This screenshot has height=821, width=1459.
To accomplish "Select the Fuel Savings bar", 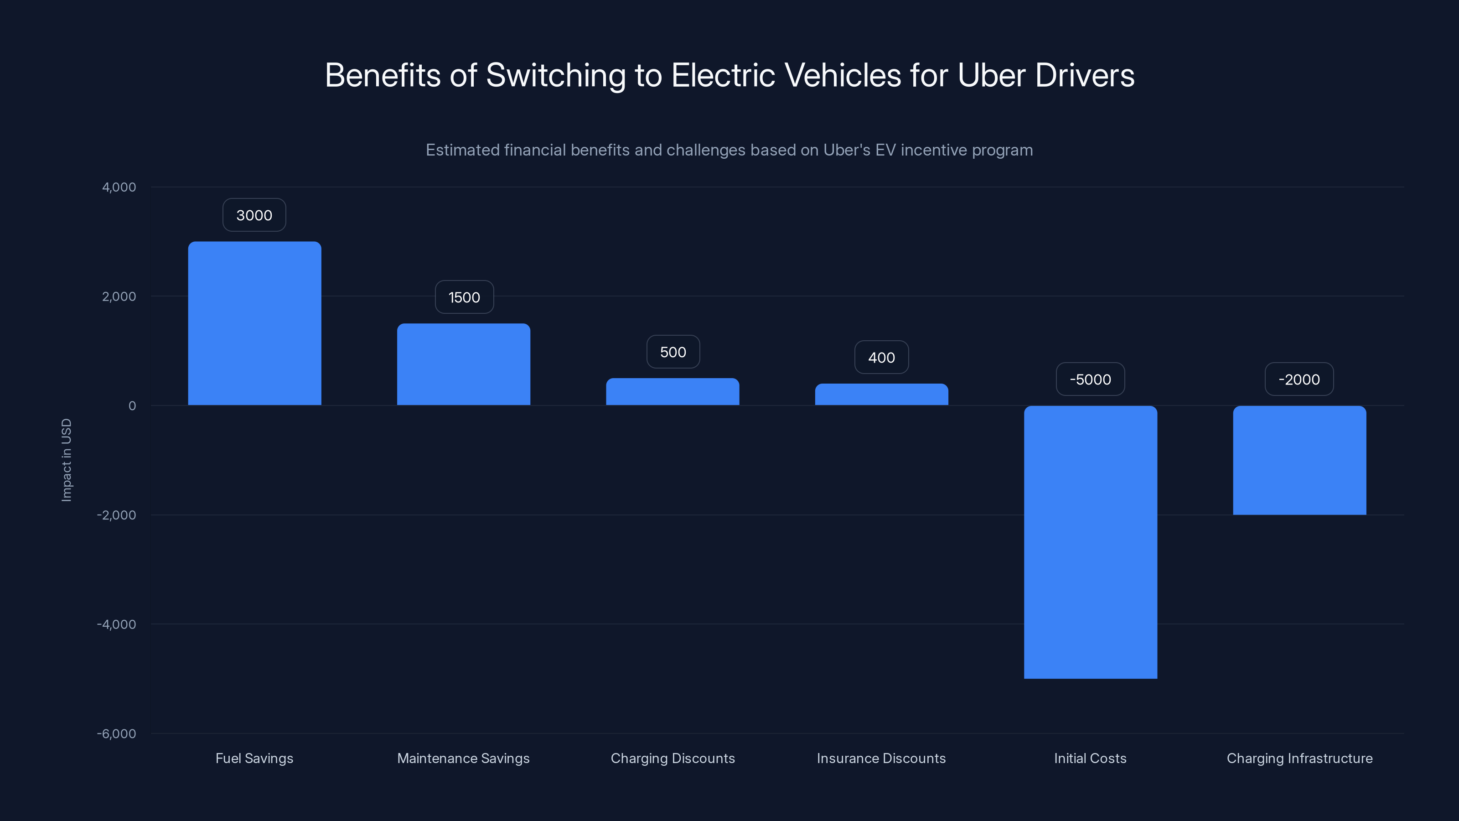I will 254,323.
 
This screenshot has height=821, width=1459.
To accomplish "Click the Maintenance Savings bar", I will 463,364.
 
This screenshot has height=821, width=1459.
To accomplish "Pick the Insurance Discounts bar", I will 881,395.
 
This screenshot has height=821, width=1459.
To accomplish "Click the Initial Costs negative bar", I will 1090,542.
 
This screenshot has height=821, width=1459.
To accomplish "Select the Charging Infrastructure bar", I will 1299,460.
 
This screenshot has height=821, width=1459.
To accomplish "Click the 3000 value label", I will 254,215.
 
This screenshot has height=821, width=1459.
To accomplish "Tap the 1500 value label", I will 464,297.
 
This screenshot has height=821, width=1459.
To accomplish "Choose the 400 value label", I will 881,358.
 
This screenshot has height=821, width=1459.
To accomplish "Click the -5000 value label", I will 1090,379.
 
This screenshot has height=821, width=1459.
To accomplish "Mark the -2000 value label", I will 1299,379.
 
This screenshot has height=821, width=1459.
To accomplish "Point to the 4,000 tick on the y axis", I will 119,187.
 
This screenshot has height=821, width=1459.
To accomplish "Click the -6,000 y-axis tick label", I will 117,734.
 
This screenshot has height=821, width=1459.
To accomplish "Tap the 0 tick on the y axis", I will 132,405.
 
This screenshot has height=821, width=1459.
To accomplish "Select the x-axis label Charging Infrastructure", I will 1299,758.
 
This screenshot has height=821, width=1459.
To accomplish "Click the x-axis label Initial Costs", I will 1090,758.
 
